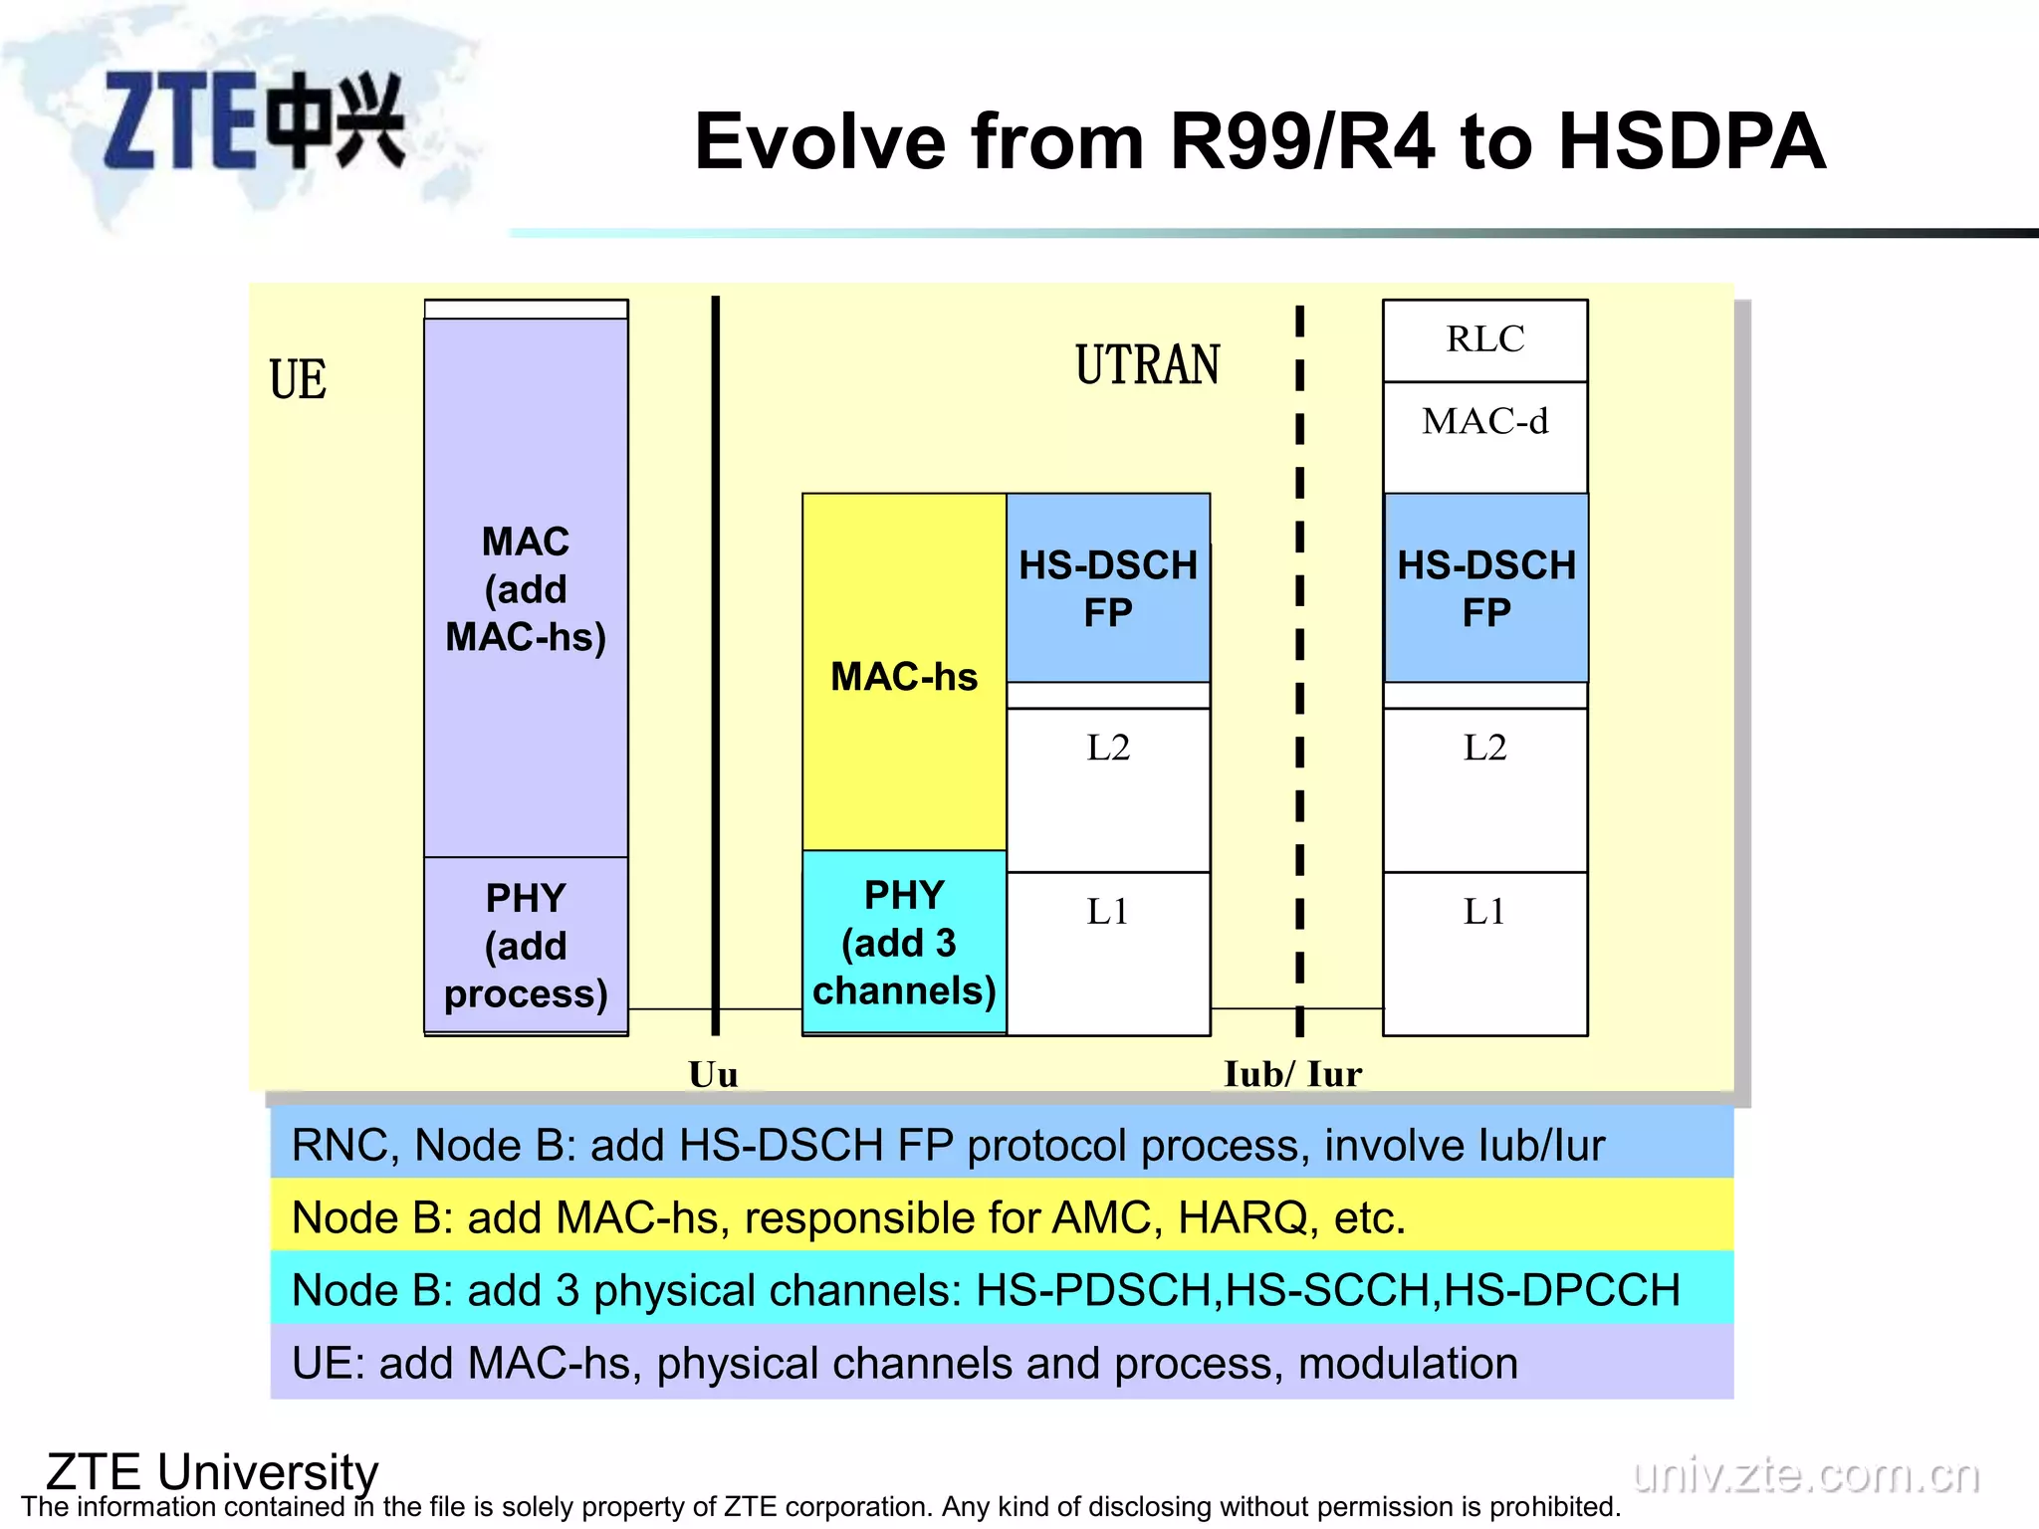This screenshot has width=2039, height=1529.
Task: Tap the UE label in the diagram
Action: click(x=298, y=380)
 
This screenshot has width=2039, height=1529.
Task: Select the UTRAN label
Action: click(x=1147, y=364)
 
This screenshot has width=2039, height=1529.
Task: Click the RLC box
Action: click(x=1484, y=340)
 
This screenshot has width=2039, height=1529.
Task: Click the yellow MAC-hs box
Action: click(x=904, y=676)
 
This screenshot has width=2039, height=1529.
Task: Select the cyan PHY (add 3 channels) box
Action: click(x=904, y=943)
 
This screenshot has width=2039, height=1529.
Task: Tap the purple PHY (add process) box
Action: click(x=526, y=946)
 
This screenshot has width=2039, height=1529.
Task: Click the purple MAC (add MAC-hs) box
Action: click(x=526, y=589)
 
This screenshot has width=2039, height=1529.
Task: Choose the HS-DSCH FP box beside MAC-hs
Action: click(x=1108, y=588)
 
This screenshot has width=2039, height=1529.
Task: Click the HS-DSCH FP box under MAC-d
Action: click(x=1485, y=588)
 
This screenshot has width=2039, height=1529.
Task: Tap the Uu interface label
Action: click(x=713, y=1074)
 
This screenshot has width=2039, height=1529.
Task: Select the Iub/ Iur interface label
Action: click(x=1292, y=1074)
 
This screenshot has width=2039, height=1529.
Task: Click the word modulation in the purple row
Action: click(x=1408, y=1363)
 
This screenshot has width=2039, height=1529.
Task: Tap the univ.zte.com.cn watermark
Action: click(x=1806, y=1474)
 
